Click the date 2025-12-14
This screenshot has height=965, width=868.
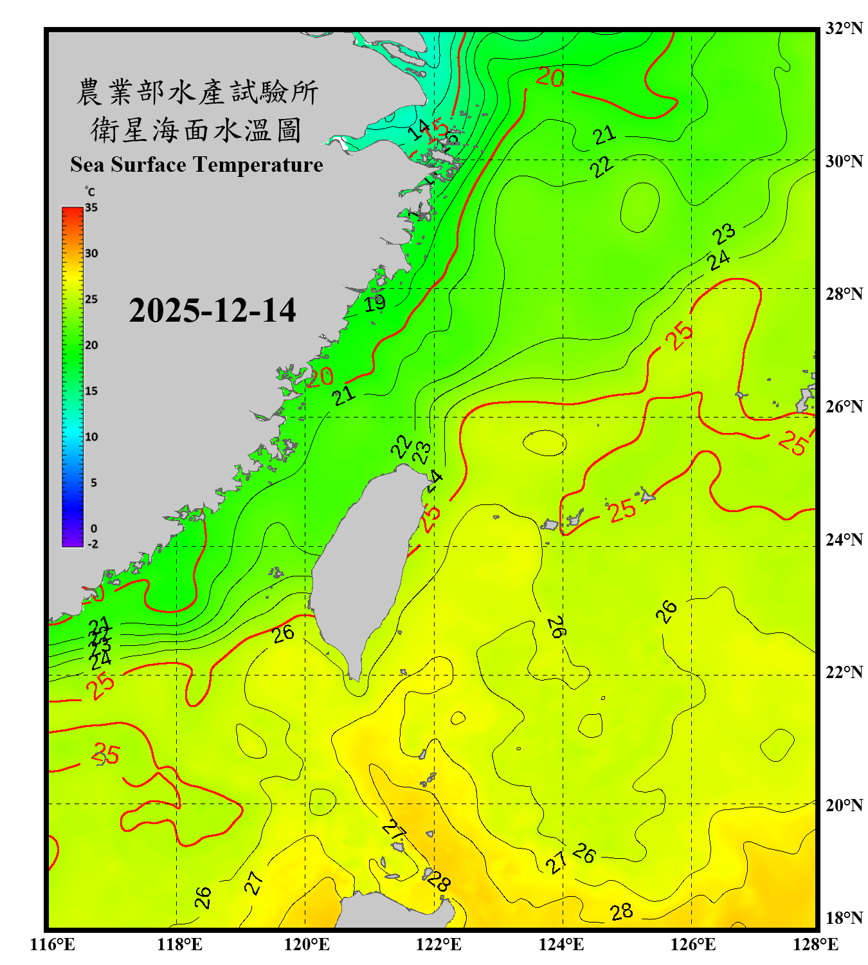212,310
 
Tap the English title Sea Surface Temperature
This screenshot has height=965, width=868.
197,165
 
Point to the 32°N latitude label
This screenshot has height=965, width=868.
844,28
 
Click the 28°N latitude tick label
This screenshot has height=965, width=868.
844,294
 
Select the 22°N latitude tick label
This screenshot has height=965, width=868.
844,673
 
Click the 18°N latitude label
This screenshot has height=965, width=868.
844,918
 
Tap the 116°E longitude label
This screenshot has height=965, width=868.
53,944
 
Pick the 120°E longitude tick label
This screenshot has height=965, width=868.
307,944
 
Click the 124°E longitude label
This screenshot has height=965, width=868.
561,944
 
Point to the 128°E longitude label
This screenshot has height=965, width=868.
815,944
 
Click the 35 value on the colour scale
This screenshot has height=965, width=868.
91,208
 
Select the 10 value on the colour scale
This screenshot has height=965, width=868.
91,437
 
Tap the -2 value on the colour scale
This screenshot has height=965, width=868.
93,544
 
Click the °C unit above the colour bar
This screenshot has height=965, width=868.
90,192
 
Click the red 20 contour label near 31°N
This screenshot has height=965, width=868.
550,78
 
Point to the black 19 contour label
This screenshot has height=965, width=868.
375,302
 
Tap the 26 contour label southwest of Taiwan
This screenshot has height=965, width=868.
283,634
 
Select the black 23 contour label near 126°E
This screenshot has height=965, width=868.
724,234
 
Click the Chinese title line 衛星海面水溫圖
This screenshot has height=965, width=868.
196,130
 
